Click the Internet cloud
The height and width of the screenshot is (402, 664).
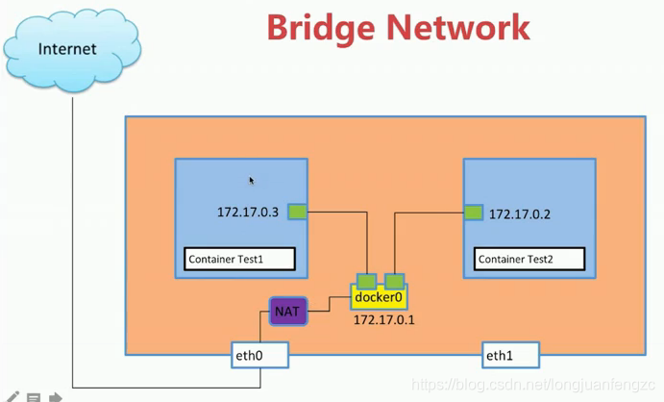pyautogui.click(x=72, y=50)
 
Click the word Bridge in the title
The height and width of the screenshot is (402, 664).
pyautogui.click(x=321, y=29)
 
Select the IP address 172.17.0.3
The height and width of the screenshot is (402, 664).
pyautogui.click(x=248, y=212)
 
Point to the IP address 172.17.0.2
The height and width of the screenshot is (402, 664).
pyautogui.click(x=520, y=214)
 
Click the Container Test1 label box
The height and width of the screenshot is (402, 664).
pyautogui.click(x=239, y=259)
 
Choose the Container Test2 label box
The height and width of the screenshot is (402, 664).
pyautogui.click(x=529, y=259)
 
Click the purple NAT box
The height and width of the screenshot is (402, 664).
pyautogui.click(x=288, y=312)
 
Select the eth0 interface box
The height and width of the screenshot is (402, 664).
pyautogui.click(x=260, y=355)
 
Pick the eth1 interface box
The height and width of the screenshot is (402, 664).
pyautogui.click(x=510, y=355)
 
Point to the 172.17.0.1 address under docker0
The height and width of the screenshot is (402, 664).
pyautogui.click(x=384, y=320)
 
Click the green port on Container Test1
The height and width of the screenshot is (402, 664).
pyautogui.click(x=297, y=212)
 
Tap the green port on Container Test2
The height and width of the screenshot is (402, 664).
pyautogui.click(x=474, y=213)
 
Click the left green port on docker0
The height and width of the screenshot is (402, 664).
pyautogui.click(x=366, y=281)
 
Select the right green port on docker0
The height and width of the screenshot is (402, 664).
pyautogui.click(x=394, y=281)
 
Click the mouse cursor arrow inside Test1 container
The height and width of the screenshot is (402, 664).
pyautogui.click(x=252, y=181)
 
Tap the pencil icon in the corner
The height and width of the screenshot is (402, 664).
pyautogui.click(x=12, y=397)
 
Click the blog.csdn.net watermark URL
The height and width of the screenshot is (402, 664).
pyautogui.click(x=533, y=385)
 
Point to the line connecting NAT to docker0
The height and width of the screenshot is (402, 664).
pyautogui.click(x=329, y=304)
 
